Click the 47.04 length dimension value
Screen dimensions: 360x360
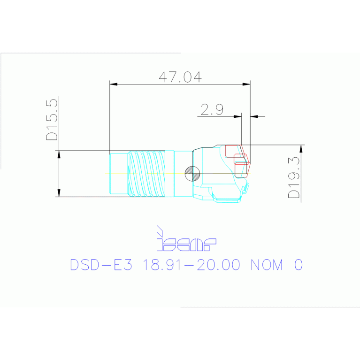coord(180,77)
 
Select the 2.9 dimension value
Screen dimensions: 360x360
coord(212,110)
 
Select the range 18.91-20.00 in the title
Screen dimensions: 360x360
coord(191,265)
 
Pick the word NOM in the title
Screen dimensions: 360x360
coord(267,265)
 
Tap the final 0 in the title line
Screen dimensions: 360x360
coord(298,265)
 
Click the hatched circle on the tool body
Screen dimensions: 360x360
coord(192,174)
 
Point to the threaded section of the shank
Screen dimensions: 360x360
coord(147,174)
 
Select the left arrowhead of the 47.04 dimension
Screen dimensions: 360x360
coord(113,84)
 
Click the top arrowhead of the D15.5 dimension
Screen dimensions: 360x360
coord(59,154)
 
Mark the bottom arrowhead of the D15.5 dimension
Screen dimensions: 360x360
coord(59,193)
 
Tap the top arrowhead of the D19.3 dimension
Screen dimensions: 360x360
coord(301,148)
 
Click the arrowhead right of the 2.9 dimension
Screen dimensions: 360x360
coord(254,116)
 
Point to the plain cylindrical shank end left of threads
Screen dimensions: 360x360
coord(118,174)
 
